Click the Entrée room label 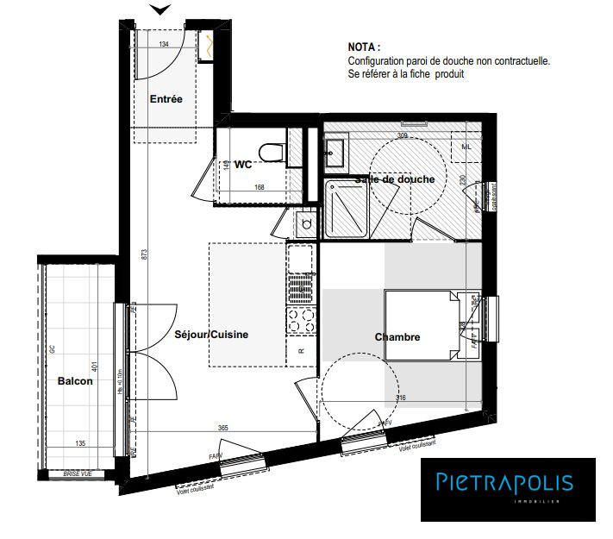coord(166,99)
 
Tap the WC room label coord(243,164)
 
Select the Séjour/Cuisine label coord(211,335)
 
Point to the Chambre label coord(397,337)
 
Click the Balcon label coord(75,381)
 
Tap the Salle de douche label coord(395,179)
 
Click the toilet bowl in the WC coord(275,153)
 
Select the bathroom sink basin coord(335,153)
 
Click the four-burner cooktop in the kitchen coord(301,322)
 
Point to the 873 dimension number coord(146,255)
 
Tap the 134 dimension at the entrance coord(164,43)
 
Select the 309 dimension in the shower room coord(402,135)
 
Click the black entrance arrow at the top coord(159,9)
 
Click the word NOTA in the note coord(364,47)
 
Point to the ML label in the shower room coord(466,147)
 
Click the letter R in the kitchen coord(301,352)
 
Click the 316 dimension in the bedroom coord(400,398)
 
